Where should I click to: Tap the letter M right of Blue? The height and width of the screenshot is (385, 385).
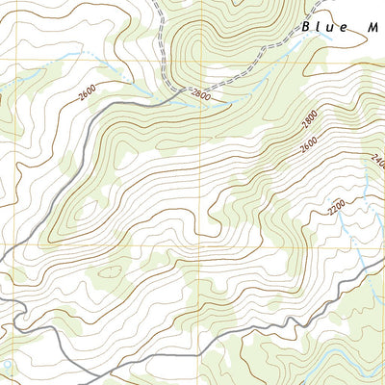click(x=372, y=27)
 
